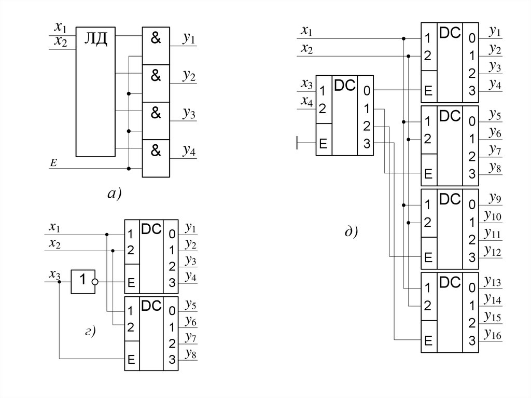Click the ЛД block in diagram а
pyautogui.click(x=96, y=91)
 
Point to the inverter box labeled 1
pyautogui.click(x=81, y=282)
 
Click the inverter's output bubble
pyautogui.click(x=94, y=282)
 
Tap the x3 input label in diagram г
pyautogui.click(x=54, y=275)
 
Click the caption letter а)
pyautogui.click(x=114, y=194)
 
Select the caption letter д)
pyautogui.click(x=351, y=231)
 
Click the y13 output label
pyautogui.click(x=492, y=281)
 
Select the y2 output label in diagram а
pyautogui.click(x=188, y=76)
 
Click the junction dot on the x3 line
pyautogui.click(x=60, y=282)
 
